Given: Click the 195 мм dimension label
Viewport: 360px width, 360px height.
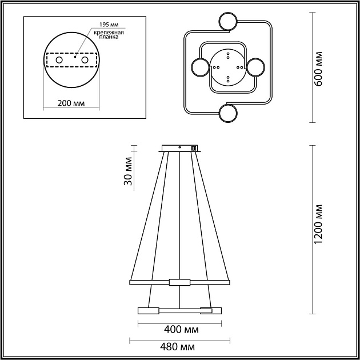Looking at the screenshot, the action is (109, 25).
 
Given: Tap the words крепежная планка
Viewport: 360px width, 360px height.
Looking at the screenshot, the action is (109, 34).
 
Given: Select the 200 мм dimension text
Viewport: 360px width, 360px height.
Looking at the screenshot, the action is (71, 103).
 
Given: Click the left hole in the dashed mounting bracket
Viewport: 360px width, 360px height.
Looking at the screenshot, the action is (59, 60).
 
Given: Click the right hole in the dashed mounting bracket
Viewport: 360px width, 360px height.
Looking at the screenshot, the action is (85, 60).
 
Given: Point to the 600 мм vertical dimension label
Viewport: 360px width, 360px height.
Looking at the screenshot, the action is (318, 69).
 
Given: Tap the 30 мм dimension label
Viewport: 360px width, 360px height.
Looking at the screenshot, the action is (127, 171).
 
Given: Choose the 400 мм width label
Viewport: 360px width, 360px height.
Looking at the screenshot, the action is (181, 330).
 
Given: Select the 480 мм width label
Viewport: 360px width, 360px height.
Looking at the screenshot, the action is (177, 347).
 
